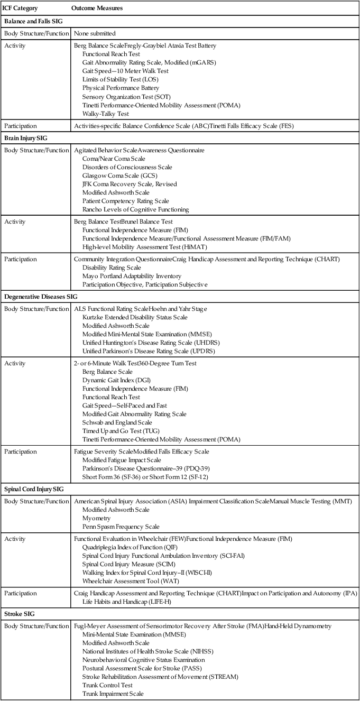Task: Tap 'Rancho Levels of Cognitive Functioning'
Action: (135, 209)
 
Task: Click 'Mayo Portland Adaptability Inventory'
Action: (132, 276)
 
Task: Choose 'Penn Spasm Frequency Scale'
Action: (121, 527)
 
